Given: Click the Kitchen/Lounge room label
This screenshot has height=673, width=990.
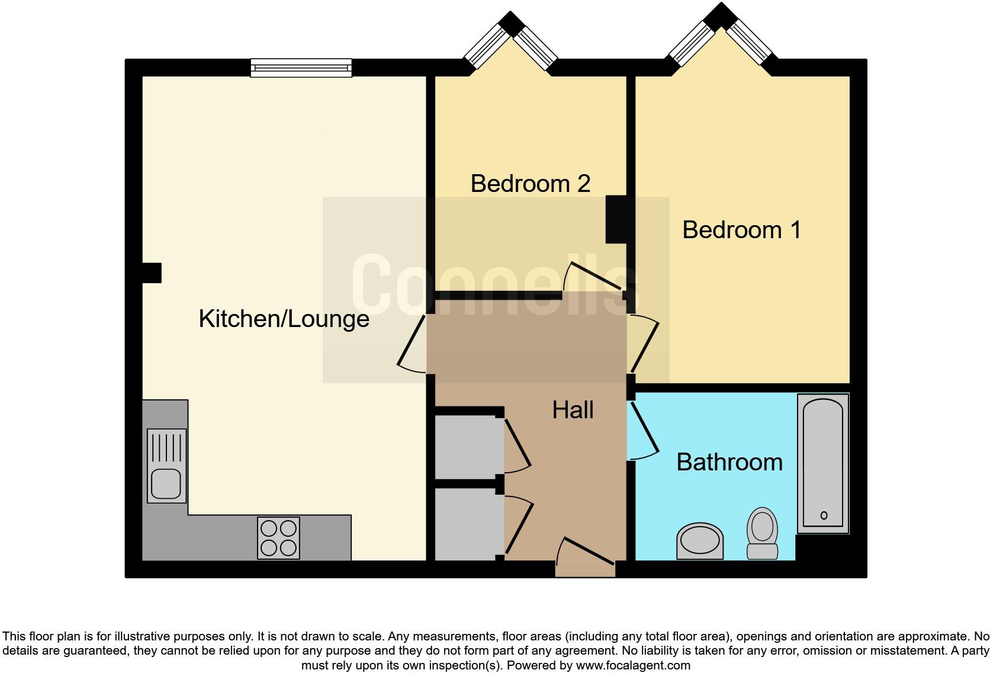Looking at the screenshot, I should tap(284, 319).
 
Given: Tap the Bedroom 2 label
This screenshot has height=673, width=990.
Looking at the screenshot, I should tap(530, 184).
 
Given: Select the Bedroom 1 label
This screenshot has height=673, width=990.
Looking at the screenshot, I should tap(741, 230).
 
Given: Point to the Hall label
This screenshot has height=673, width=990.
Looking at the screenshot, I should tap(573, 410).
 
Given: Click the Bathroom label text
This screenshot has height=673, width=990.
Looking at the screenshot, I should tap(729, 462).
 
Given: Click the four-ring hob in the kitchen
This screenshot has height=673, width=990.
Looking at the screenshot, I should tap(278, 538).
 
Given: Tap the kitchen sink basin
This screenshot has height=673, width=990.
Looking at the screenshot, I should tap(165, 483).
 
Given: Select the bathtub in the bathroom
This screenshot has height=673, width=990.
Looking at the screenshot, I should tap(823, 463).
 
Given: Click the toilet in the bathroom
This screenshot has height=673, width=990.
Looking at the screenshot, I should tap(762, 532).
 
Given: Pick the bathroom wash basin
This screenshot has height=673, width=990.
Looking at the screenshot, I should tap(700, 541).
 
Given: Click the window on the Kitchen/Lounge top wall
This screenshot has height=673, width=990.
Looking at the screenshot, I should tap(301, 68).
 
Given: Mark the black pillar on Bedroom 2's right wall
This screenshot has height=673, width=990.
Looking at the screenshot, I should tap(616, 219).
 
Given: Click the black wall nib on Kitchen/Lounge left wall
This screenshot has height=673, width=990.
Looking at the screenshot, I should tap(152, 273).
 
